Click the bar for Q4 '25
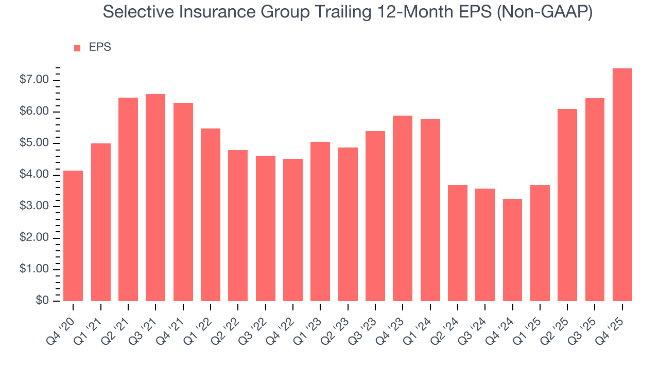(x=622, y=185)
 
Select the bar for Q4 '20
(x=73, y=236)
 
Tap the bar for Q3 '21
(x=155, y=198)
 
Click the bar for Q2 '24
(x=458, y=243)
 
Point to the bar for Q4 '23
(x=403, y=209)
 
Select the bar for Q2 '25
(x=567, y=205)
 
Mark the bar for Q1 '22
(x=211, y=215)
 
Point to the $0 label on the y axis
(x=42, y=301)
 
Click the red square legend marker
(x=77, y=48)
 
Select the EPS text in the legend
(x=100, y=47)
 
